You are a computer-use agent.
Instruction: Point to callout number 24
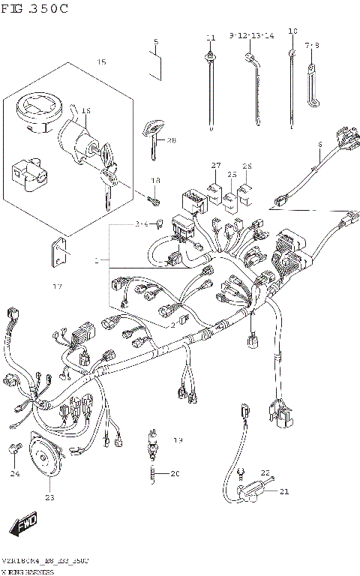click(14, 473)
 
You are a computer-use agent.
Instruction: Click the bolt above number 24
click(14, 448)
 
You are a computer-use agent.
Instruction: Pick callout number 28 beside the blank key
click(171, 140)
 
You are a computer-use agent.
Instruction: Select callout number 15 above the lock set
click(100, 61)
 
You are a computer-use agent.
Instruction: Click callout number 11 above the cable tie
click(211, 37)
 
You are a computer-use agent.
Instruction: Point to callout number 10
click(292, 31)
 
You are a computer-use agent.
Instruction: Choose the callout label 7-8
click(312, 46)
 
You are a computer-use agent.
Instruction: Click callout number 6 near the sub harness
click(319, 144)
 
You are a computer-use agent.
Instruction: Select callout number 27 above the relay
click(216, 165)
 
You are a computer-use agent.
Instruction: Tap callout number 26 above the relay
click(247, 166)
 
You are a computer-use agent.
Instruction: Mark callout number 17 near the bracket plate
click(57, 286)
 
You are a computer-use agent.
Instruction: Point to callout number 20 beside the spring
click(175, 473)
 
